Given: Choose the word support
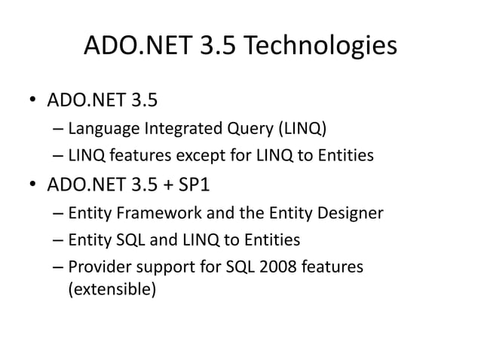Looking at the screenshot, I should point(158,267).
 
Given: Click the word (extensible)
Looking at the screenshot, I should point(112,288).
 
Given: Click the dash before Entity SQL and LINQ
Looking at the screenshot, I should point(59,241).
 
